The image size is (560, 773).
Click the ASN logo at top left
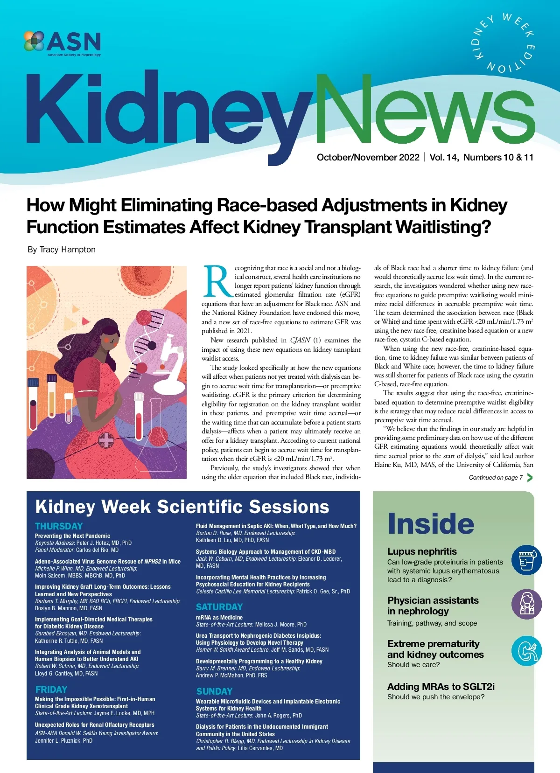pyautogui.click(x=62, y=43)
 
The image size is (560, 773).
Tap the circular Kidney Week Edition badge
pyautogui.click(x=504, y=43)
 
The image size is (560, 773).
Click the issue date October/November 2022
pyautogui.click(x=368, y=157)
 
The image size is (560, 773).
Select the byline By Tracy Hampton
pyautogui.click(x=62, y=250)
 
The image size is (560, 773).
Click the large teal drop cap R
pyautogui.click(x=217, y=281)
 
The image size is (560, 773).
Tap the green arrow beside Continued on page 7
pyautogui.click(x=530, y=477)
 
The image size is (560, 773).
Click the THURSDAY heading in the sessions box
pyautogui.click(x=59, y=526)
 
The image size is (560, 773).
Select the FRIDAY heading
pyautogui.click(x=51, y=689)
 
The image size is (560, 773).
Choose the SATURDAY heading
pyautogui.click(x=219, y=607)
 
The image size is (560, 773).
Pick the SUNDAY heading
pyautogui.click(x=214, y=691)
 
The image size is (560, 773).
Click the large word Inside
pyautogui.click(x=431, y=524)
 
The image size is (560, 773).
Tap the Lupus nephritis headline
pyautogui.click(x=422, y=551)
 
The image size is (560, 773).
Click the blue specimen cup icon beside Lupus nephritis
pyautogui.click(x=526, y=560)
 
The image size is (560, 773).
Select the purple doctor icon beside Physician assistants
pyautogui.click(x=527, y=604)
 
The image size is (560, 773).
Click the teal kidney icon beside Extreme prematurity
pyautogui.click(x=527, y=651)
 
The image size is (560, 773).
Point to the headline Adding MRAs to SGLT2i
pyautogui.click(x=441, y=687)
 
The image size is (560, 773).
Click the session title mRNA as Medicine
pyautogui.click(x=219, y=617)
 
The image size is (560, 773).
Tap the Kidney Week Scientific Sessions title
pyautogui.click(x=182, y=507)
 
